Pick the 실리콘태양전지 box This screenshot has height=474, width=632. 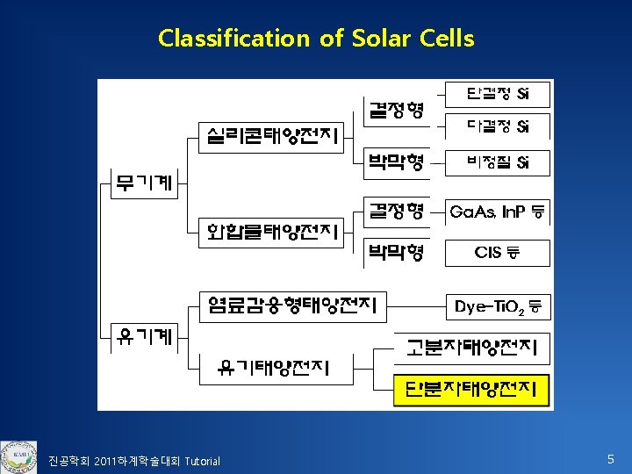(273, 136)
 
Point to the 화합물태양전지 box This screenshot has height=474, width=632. (273, 232)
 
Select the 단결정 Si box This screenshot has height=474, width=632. (498, 94)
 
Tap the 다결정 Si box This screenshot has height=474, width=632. (498, 126)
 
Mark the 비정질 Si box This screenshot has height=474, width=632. (498, 162)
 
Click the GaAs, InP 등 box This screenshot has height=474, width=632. (498, 212)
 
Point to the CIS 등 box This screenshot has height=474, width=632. (498, 253)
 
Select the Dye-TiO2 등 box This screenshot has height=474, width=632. (498, 307)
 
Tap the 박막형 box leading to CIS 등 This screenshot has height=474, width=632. (396, 253)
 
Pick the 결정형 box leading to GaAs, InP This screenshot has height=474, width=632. (396, 212)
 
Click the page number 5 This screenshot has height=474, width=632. (611, 459)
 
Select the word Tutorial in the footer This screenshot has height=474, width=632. (202, 462)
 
